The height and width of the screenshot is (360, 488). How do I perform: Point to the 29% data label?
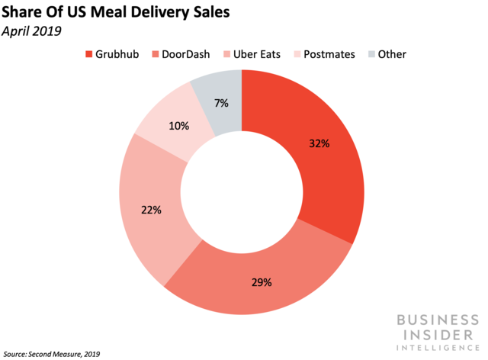tap(261, 282)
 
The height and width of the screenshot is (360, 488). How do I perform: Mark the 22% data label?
tap(151, 210)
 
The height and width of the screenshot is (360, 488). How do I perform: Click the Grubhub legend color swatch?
tap(88, 54)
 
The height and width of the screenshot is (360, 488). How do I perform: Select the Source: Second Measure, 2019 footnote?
tap(52, 354)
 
